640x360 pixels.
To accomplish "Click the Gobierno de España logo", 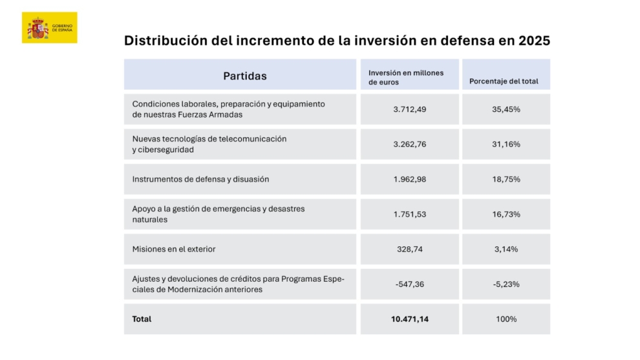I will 49,28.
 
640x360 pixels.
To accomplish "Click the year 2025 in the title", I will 534,41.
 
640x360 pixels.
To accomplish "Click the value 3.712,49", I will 410,109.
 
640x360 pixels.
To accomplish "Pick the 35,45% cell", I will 506,109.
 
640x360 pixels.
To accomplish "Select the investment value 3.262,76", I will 410,144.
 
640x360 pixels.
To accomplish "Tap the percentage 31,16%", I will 506,144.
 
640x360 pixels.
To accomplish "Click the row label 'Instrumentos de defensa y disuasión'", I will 200,179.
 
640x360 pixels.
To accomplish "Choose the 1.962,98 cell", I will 410,179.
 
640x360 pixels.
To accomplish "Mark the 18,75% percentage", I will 506,179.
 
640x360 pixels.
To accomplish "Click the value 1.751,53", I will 410,214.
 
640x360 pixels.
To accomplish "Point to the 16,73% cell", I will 506,214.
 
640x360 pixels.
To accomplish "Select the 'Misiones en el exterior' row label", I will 174,249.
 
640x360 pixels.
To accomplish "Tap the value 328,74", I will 410,249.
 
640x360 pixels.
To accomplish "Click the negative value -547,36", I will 410,284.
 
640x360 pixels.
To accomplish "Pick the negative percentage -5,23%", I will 506,284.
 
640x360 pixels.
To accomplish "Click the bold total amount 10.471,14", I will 410,319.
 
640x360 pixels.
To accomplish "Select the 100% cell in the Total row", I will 506,319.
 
